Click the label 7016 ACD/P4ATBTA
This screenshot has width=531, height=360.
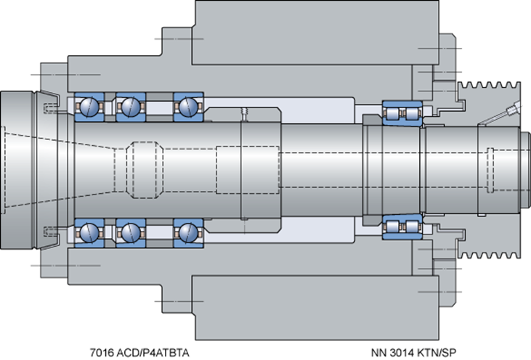[139, 353]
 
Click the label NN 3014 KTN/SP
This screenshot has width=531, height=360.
[413, 353]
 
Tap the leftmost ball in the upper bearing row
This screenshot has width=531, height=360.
[89, 107]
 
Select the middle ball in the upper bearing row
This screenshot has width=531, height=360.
[131, 107]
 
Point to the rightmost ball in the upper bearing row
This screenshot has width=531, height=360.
[188, 107]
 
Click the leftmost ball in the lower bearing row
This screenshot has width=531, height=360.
[89, 233]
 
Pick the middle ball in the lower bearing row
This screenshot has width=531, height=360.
[131, 233]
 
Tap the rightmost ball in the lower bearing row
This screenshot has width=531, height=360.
[188, 233]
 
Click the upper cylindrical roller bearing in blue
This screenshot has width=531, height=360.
[402, 113]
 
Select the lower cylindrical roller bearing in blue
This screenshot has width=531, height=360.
[402, 226]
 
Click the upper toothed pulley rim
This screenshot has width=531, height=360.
[489, 89]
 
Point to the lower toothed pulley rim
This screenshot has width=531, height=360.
[489, 251]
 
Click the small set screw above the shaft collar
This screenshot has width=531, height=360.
[244, 114]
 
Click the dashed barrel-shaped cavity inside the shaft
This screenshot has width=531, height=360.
[145, 170]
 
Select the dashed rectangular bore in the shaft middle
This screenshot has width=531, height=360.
[248, 170]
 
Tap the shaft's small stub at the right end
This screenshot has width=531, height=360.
[525, 170]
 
